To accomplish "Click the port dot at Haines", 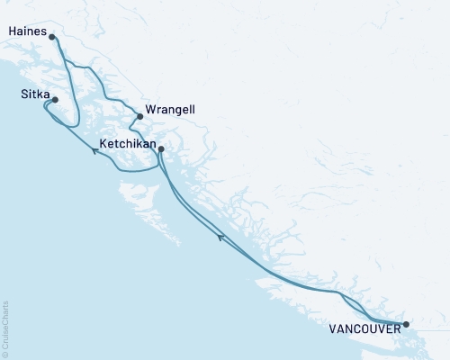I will click(x=52, y=37).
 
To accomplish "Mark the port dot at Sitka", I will click(x=55, y=100).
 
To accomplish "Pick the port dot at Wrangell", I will click(x=139, y=116).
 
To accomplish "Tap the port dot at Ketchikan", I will click(x=161, y=149).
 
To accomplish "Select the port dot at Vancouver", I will click(x=406, y=324).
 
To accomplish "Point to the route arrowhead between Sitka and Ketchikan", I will click(x=94, y=150).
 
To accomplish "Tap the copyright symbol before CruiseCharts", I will click(x=6, y=354).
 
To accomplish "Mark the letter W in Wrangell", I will click(x=148, y=110).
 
